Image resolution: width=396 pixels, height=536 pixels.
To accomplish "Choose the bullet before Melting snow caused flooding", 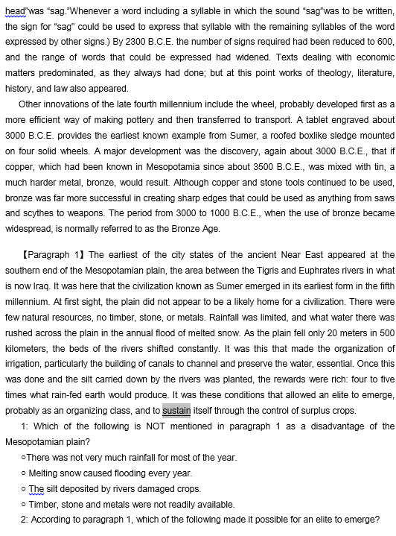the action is click(26, 473).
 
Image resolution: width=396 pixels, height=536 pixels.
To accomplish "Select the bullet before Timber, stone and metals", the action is click(26, 504).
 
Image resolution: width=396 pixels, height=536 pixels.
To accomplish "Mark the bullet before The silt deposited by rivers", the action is click(26, 489).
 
